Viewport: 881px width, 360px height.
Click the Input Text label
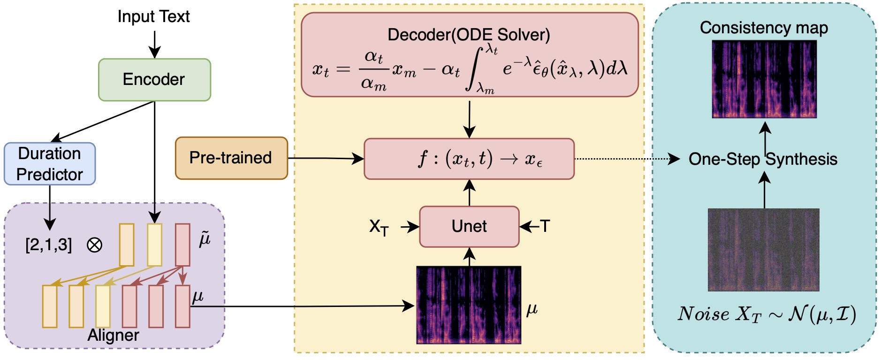(x=153, y=17)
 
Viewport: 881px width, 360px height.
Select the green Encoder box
(x=154, y=80)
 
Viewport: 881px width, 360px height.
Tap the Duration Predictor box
(x=50, y=164)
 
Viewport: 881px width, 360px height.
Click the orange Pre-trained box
(x=231, y=158)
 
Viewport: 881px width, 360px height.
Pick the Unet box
(x=469, y=227)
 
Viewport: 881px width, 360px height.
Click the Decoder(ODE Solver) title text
(x=469, y=35)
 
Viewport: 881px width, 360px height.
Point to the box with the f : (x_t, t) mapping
(x=469, y=159)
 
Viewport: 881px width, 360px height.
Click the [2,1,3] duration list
(x=49, y=245)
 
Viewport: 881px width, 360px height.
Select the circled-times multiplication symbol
(x=94, y=245)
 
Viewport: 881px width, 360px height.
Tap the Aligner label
(x=114, y=335)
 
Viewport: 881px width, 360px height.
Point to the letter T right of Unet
(x=545, y=226)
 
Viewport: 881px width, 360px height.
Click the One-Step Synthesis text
(x=763, y=159)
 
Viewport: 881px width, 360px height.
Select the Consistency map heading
(x=764, y=28)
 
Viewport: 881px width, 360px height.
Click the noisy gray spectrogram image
(x=763, y=250)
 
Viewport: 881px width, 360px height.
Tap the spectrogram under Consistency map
(x=764, y=79)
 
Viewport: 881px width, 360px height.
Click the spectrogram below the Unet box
(x=469, y=305)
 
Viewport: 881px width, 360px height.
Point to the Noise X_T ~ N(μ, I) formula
(x=767, y=314)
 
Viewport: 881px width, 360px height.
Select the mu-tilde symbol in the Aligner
(x=205, y=239)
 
